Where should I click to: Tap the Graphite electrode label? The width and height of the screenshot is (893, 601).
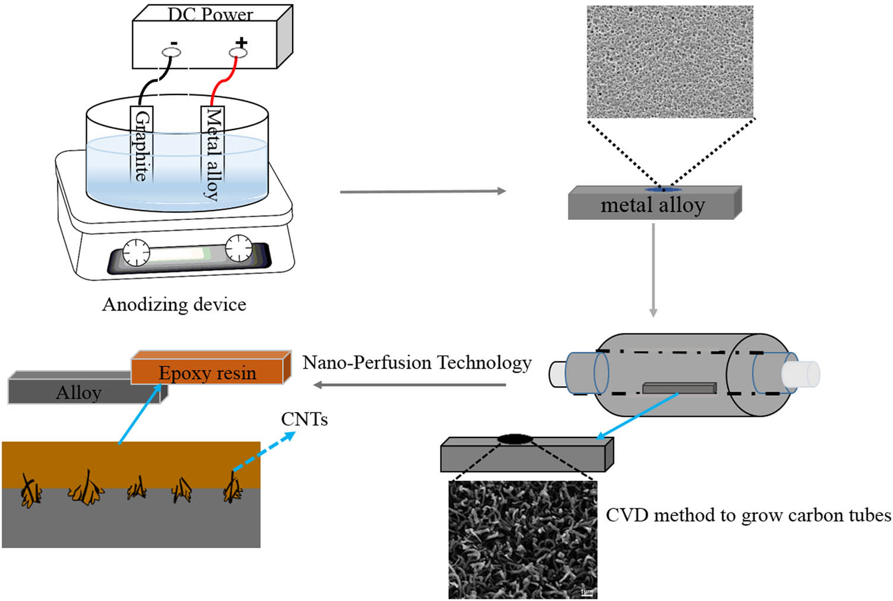pyautogui.click(x=141, y=146)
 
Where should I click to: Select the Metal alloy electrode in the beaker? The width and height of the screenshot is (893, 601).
pyautogui.click(x=212, y=153)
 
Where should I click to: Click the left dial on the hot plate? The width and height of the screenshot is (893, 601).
pyautogui.click(x=136, y=252)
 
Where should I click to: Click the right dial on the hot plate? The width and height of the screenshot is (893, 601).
pyautogui.click(x=239, y=248)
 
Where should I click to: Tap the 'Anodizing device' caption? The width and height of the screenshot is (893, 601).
pyautogui.click(x=174, y=304)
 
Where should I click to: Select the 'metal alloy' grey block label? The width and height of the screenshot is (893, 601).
pyautogui.click(x=653, y=205)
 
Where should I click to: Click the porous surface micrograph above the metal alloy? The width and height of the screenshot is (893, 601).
pyautogui.click(x=670, y=62)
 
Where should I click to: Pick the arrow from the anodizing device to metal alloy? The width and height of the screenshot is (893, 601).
pyautogui.click(x=422, y=191)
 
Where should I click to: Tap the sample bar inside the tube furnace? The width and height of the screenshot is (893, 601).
pyautogui.click(x=679, y=388)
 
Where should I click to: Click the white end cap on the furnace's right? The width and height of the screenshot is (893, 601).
pyautogui.click(x=800, y=375)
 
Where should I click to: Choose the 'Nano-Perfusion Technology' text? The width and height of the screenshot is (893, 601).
pyautogui.click(x=417, y=363)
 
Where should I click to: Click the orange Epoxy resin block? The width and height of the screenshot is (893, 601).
pyautogui.click(x=208, y=372)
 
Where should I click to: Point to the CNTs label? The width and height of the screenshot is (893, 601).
pyautogui.click(x=304, y=420)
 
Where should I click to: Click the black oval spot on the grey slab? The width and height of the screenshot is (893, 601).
pyautogui.click(x=514, y=439)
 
